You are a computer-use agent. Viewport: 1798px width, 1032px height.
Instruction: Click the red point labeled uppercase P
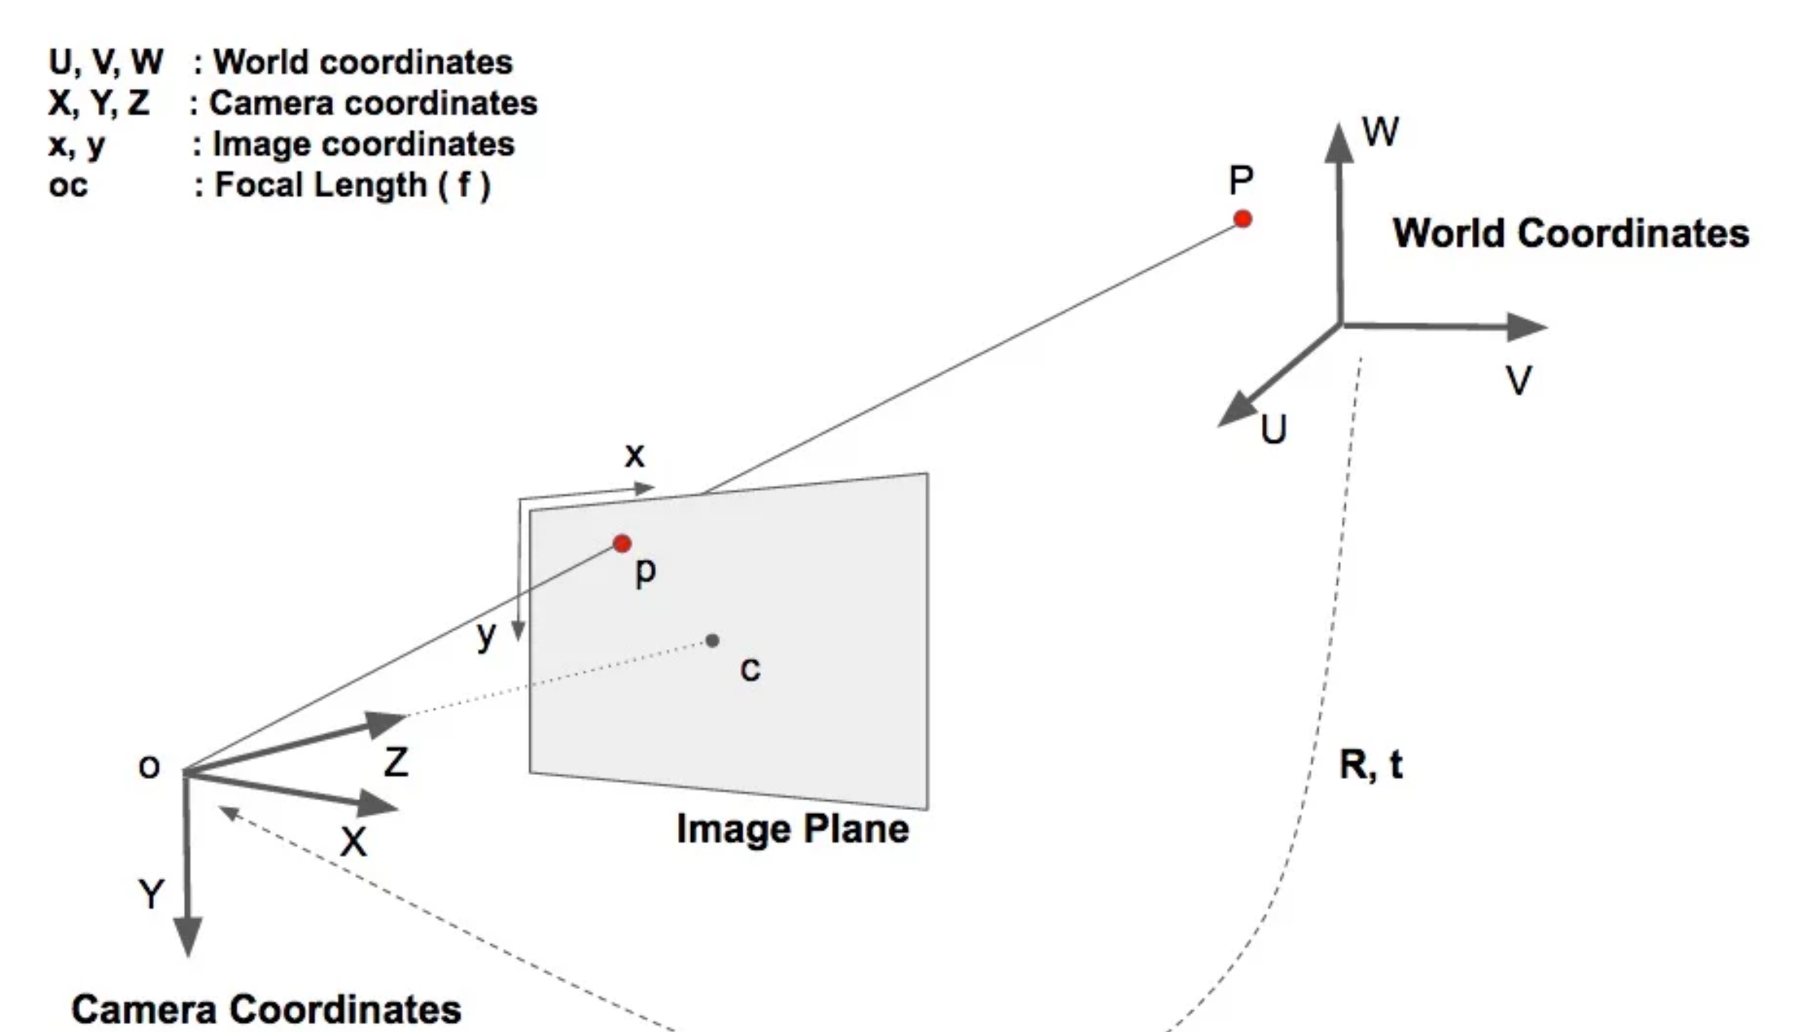(1242, 219)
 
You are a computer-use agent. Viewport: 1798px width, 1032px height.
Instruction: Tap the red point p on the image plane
(621, 543)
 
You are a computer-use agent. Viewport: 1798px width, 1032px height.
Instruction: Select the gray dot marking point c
(712, 641)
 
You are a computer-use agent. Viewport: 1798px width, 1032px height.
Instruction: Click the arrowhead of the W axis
(1339, 143)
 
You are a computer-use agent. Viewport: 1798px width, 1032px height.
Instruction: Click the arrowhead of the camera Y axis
(188, 935)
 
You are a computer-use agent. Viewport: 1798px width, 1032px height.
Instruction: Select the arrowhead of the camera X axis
(378, 803)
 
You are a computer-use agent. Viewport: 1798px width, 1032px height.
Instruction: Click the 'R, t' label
(1371, 764)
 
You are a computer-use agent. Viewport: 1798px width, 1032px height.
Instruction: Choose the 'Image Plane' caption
(792, 828)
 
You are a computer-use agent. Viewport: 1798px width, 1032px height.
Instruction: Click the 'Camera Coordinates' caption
(266, 1009)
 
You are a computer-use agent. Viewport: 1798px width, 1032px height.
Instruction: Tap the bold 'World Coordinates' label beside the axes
(1571, 233)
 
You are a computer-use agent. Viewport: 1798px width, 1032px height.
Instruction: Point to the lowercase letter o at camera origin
(149, 767)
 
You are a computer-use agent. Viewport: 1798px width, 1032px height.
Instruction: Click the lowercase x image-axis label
(634, 455)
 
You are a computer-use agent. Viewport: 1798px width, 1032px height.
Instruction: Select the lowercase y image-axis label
(486, 636)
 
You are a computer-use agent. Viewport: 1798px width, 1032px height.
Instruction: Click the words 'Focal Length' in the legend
(321, 185)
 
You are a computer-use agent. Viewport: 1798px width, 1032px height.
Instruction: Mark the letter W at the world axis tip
(1381, 132)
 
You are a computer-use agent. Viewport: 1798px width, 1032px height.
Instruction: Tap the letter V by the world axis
(1519, 381)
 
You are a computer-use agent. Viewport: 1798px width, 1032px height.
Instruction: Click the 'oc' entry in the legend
(68, 186)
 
